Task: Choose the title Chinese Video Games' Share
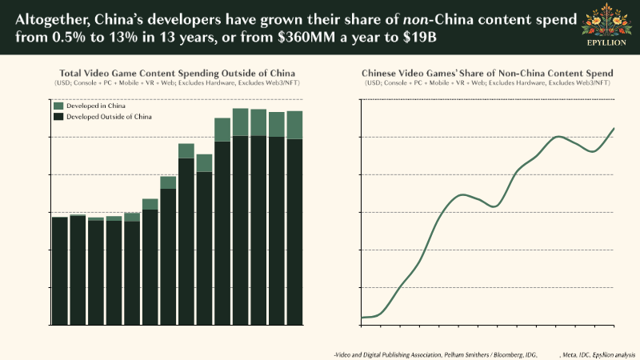[488, 73]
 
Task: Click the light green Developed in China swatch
[58, 106]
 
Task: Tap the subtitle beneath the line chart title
[488, 82]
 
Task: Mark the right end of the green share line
[614, 128]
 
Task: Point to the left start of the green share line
[362, 318]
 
